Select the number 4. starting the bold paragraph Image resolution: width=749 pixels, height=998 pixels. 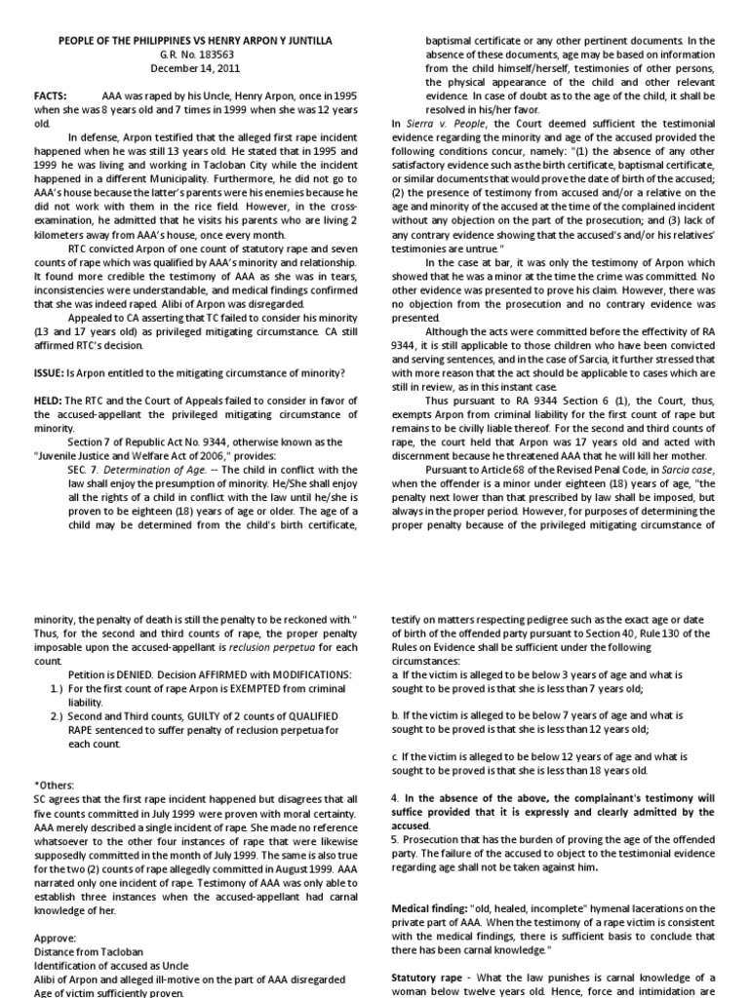394,797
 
